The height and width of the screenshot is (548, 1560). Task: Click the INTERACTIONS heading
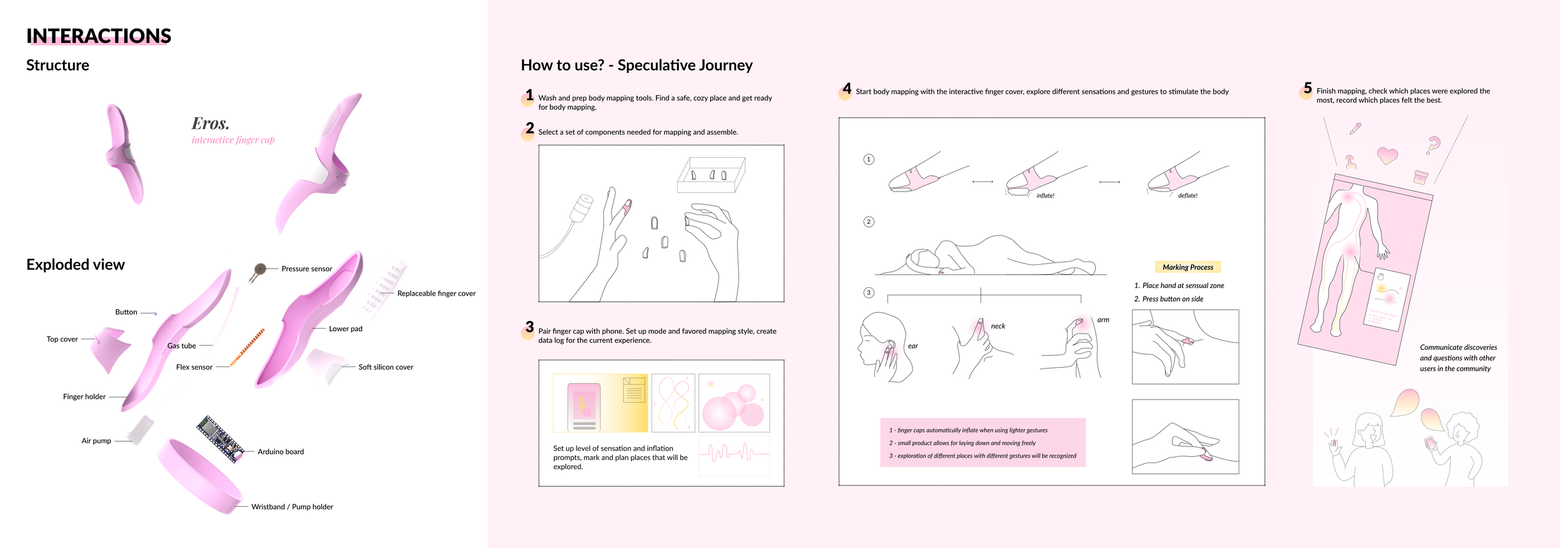click(99, 36)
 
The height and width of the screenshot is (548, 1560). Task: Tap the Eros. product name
click(210, 123)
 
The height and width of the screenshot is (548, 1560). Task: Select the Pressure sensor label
click(306, 269)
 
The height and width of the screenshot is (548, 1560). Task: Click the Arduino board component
click(220, 439)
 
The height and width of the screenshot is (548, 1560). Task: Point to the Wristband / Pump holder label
click(292, 507)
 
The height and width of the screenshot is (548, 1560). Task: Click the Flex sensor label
click(194, 367)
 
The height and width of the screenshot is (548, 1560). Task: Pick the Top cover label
click(62, 339)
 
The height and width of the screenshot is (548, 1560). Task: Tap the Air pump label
click(96, 441)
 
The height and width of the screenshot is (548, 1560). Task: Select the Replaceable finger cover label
click(436, 294)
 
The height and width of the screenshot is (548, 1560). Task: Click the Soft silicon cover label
click(386, 367)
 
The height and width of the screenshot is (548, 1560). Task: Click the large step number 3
click(529, 327)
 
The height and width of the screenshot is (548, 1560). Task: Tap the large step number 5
click(1307, 89)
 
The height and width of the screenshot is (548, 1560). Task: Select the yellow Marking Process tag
click(1187, 267)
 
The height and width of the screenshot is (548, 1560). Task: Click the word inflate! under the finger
click(1045, 196)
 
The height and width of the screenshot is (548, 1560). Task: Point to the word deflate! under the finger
click(1187, 196)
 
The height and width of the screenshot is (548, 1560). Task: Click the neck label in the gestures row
click(998, 326)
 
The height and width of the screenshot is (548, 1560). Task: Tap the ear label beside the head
click(912, 346)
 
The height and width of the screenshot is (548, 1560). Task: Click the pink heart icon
click(1387, 155)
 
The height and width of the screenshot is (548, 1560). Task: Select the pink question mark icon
click(1433, 146)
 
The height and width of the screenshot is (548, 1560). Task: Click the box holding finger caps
click(711, 175)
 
